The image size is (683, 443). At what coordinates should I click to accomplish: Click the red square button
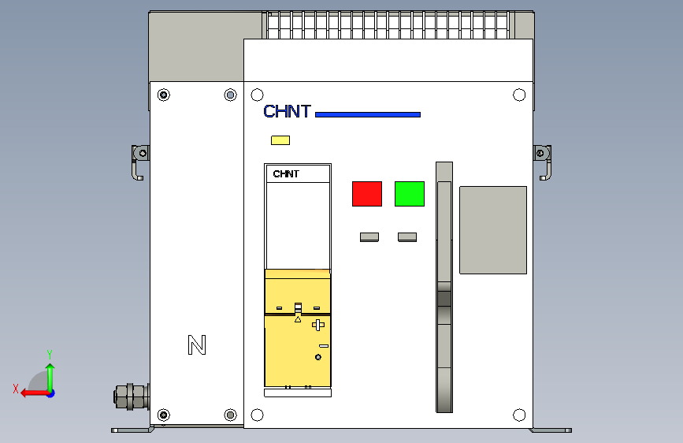[x=366, y=194]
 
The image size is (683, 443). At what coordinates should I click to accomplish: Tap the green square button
[x=410, y=194]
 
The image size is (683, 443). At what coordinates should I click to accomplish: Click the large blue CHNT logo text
[x=288, y=112]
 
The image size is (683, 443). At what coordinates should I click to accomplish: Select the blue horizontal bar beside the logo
[x=368, y=115]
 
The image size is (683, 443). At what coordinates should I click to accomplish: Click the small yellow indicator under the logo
[x=280, y=140]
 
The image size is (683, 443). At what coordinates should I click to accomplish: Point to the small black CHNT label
[x=286, y=174]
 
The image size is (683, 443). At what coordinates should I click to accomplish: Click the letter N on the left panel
[x=197, y=345]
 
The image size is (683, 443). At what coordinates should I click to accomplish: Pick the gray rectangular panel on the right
[x=492, y=230]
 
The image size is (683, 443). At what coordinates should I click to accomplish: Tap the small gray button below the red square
[x=369, y=236]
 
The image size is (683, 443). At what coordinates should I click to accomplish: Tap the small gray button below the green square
[x=407, y=236]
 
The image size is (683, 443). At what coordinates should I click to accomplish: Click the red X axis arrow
[x=30, y=392]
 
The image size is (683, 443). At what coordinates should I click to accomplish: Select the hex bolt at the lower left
[x=130, y=396]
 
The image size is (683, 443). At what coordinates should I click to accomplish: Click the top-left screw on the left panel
[x=164, y=95]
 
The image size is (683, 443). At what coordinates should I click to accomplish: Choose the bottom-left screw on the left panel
[x=164, y=415]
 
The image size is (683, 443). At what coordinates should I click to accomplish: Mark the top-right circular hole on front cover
[x=519, y=95]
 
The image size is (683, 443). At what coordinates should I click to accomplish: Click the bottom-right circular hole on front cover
[x=519, y=415]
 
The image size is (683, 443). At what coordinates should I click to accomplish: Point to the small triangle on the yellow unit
[x=298, y=320]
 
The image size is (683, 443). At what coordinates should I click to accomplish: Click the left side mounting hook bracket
[x=139, y=161]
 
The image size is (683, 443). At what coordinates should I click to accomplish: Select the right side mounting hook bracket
[x=543, y=161]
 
